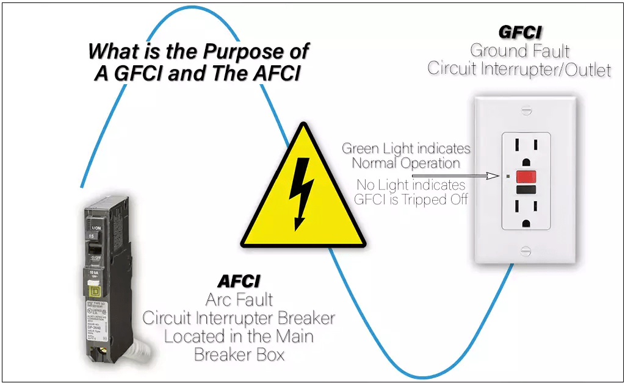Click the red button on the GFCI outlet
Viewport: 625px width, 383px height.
tap(524, 177)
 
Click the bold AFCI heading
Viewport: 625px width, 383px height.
tap(239, 281)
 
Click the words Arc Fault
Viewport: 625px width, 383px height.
tap(239, 299)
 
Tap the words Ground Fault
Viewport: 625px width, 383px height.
tap(519, 51)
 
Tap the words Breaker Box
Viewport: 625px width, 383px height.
tap(239, 353)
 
